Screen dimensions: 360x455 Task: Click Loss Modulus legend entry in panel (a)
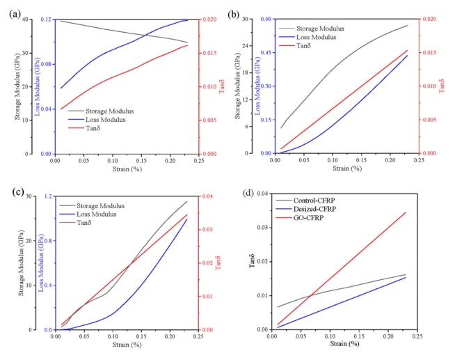point(106,119)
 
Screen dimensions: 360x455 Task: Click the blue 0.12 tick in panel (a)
point(45,19)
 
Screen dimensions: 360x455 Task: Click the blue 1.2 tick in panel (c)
point(49,196)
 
